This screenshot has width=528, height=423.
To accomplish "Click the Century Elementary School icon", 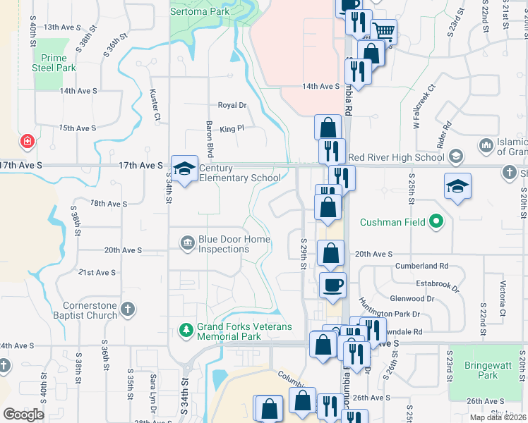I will (x=184, y=169).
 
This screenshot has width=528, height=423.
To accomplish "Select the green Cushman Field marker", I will (x=437, y=223).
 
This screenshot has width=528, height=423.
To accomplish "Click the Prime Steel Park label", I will (x=54, y=63).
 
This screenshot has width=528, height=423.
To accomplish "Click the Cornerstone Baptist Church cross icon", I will (x=127, y=309).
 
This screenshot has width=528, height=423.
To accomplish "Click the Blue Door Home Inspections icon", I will (x=188, y=243).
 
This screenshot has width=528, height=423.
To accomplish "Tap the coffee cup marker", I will (x=333, y=285).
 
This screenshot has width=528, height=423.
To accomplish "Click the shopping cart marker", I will (x=383, y=32).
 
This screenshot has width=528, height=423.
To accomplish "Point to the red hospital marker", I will (x=28, y=142).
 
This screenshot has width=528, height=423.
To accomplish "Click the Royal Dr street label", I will (x=232, y=105).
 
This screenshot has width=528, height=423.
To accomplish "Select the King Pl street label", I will (x=232, y=129).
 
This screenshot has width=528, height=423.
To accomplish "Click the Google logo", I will (x=23, y=415).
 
